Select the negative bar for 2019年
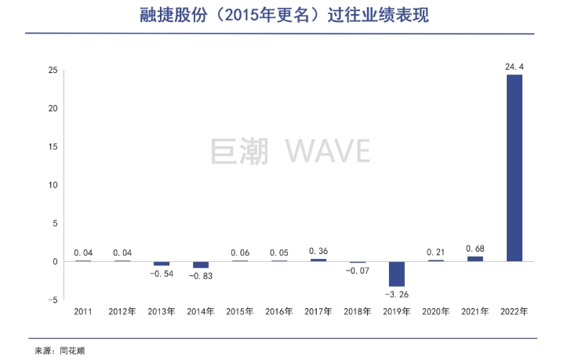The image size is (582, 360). [397, 274]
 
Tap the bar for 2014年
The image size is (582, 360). [201, 264]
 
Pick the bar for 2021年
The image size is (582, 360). [475, 259]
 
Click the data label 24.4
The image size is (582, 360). [515, 67]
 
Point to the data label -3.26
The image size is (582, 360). [397, 294]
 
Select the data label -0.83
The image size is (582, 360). [201, 276]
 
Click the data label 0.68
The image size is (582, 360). [475, 249]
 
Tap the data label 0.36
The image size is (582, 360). [318, 251]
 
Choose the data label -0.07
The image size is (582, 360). [358, 271]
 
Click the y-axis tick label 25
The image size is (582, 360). [53, 70]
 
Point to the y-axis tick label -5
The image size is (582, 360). [53, 300]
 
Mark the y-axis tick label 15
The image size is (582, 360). [53, 147]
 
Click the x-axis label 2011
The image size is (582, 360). [83, 311]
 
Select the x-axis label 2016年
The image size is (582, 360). [279, 311]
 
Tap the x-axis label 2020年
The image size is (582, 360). [436, 311]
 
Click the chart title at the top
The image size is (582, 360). [291, 15]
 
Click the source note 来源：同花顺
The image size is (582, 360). [60, 351]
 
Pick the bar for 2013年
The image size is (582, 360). [162, 264]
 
